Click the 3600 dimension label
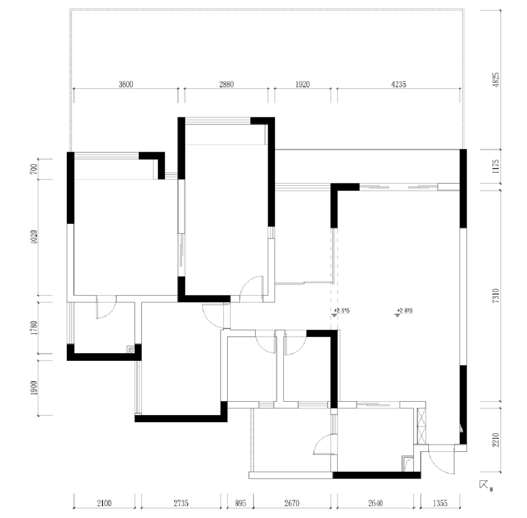pyautogui.click(x=125, y=84)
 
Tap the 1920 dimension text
pyautogui.click(x=303, y=84)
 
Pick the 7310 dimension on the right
pyautogui.click(x=496, y=296)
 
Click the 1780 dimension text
pyautogui.click(x=34, y=328)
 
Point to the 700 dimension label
pyautogui.click(x=34, y=169)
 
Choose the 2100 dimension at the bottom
pyautogui.click(x=104, y=503)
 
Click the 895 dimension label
pyautogui.click(x=240, y=503)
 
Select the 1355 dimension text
pyautogui.click(x=440, y=503)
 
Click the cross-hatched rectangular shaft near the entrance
pyautogui.click(x=422, y=426)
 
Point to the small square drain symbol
pyautogui.click(x=131, y=349)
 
